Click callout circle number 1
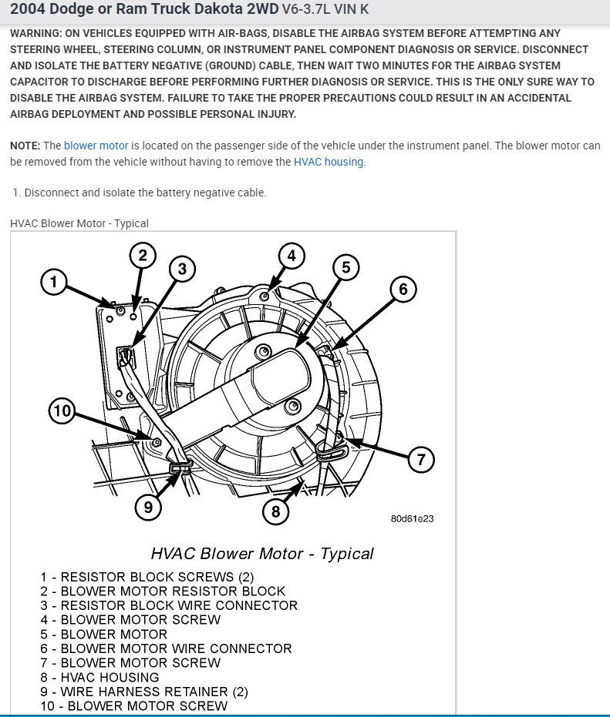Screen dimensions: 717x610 53,283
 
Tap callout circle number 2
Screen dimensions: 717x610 143,255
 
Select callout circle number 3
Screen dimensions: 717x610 183,269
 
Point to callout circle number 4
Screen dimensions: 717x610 292,256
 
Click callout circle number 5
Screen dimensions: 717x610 346,267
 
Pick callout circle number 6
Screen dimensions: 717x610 403,290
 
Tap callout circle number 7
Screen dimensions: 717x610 421,461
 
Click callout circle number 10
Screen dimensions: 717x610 62,411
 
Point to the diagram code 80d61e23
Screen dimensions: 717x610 412,519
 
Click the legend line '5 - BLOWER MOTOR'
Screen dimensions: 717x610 104,634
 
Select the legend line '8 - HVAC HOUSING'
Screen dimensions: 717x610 100,677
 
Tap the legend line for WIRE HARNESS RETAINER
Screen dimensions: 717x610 134,692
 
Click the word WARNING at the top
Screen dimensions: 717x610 39,35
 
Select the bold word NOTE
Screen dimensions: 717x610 25,146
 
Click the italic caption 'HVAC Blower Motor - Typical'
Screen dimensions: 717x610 262,554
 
